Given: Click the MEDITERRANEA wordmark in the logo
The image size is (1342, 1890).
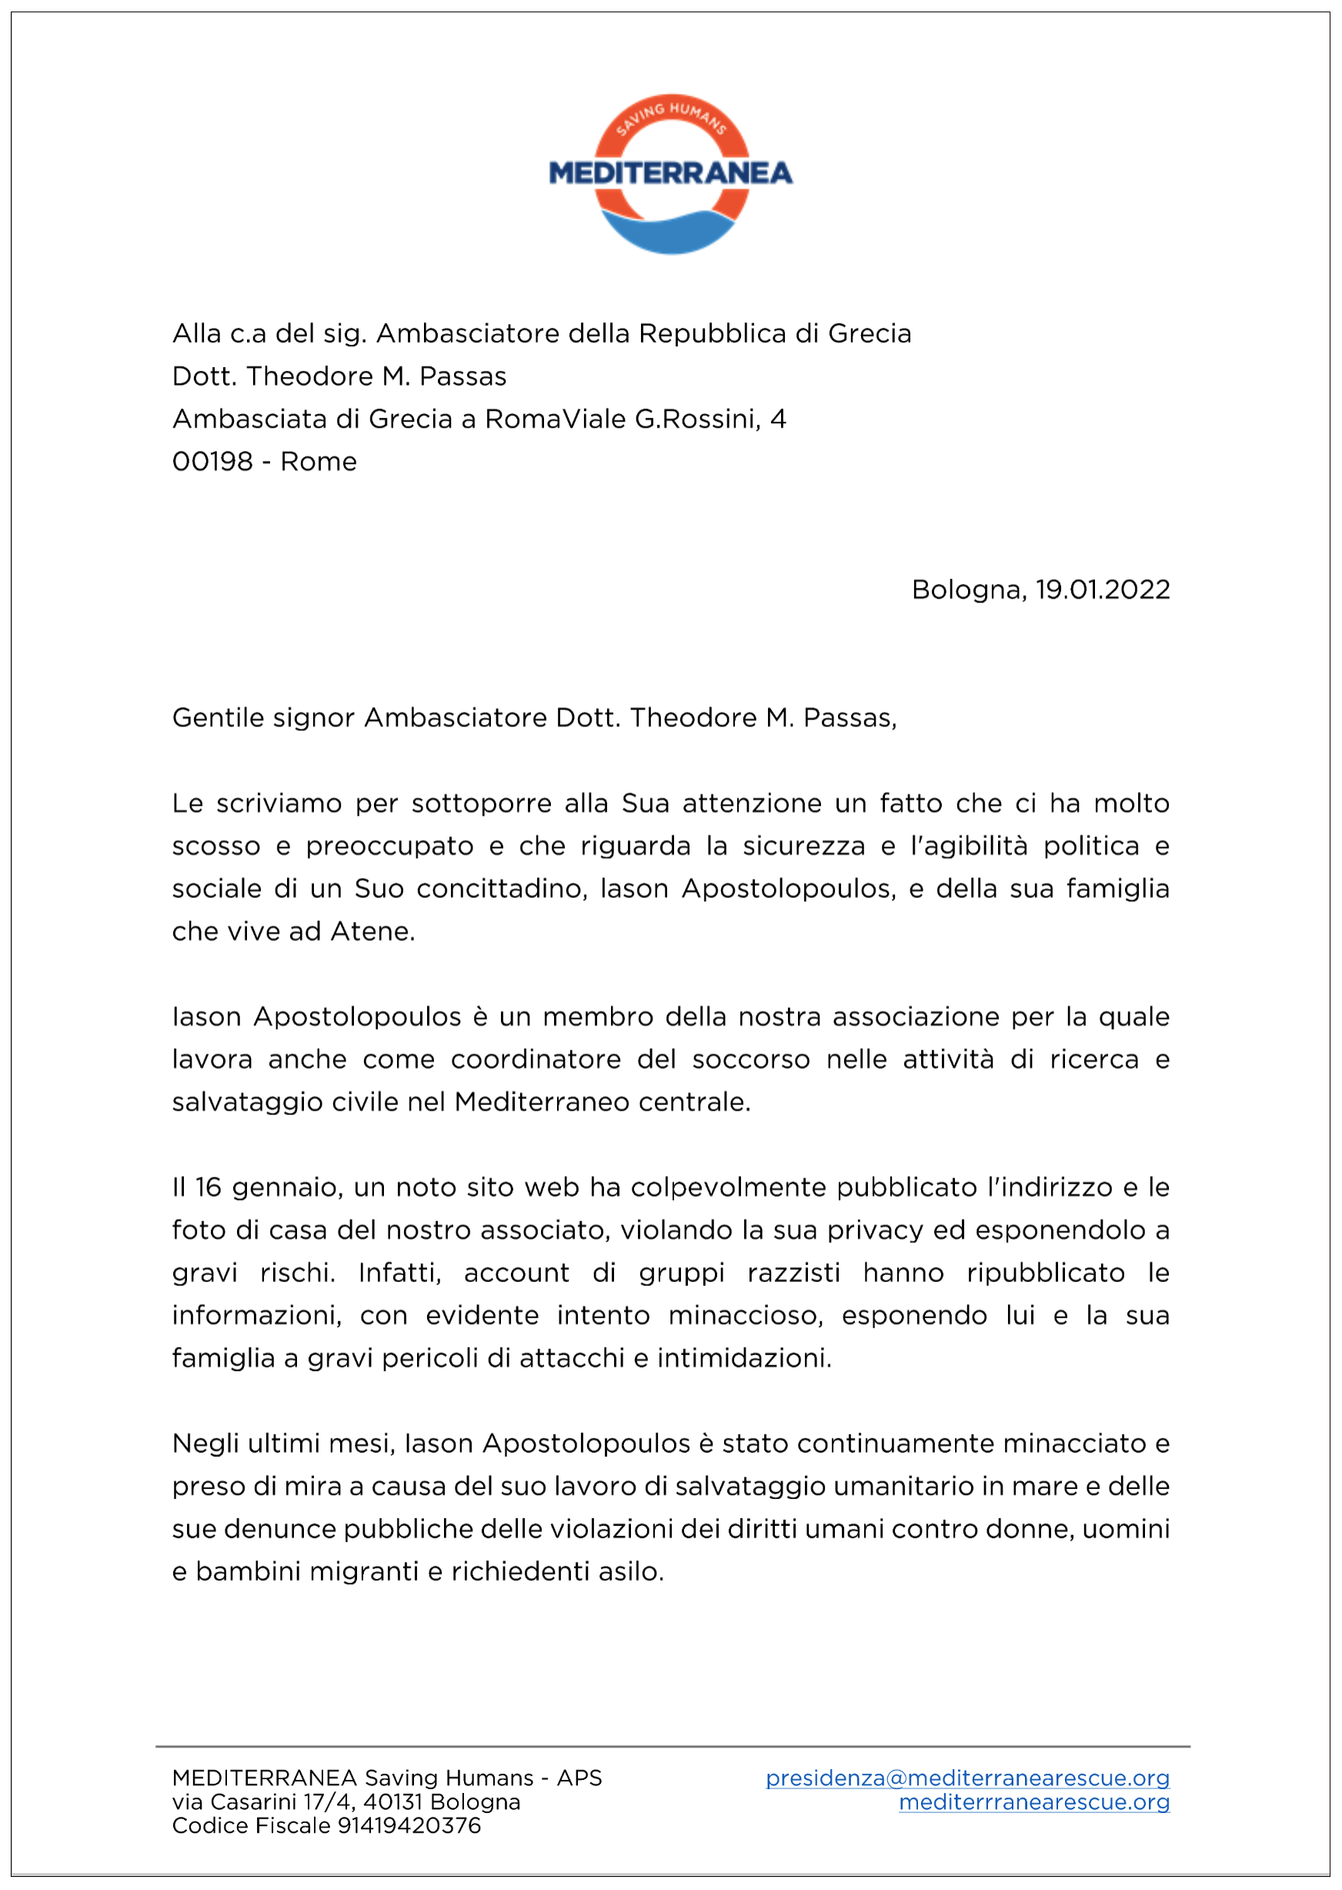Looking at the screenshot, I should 670,172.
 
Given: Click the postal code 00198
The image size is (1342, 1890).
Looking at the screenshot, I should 212,461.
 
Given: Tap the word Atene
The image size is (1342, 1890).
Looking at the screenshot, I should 372,931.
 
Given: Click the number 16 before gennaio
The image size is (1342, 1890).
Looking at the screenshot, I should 209,1187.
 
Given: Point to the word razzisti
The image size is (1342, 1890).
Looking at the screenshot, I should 793,1273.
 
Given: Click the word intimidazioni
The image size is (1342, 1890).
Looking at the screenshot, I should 744,1357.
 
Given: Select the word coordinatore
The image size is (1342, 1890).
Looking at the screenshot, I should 536,1060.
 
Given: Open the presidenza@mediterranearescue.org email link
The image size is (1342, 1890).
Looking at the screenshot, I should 966,1778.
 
